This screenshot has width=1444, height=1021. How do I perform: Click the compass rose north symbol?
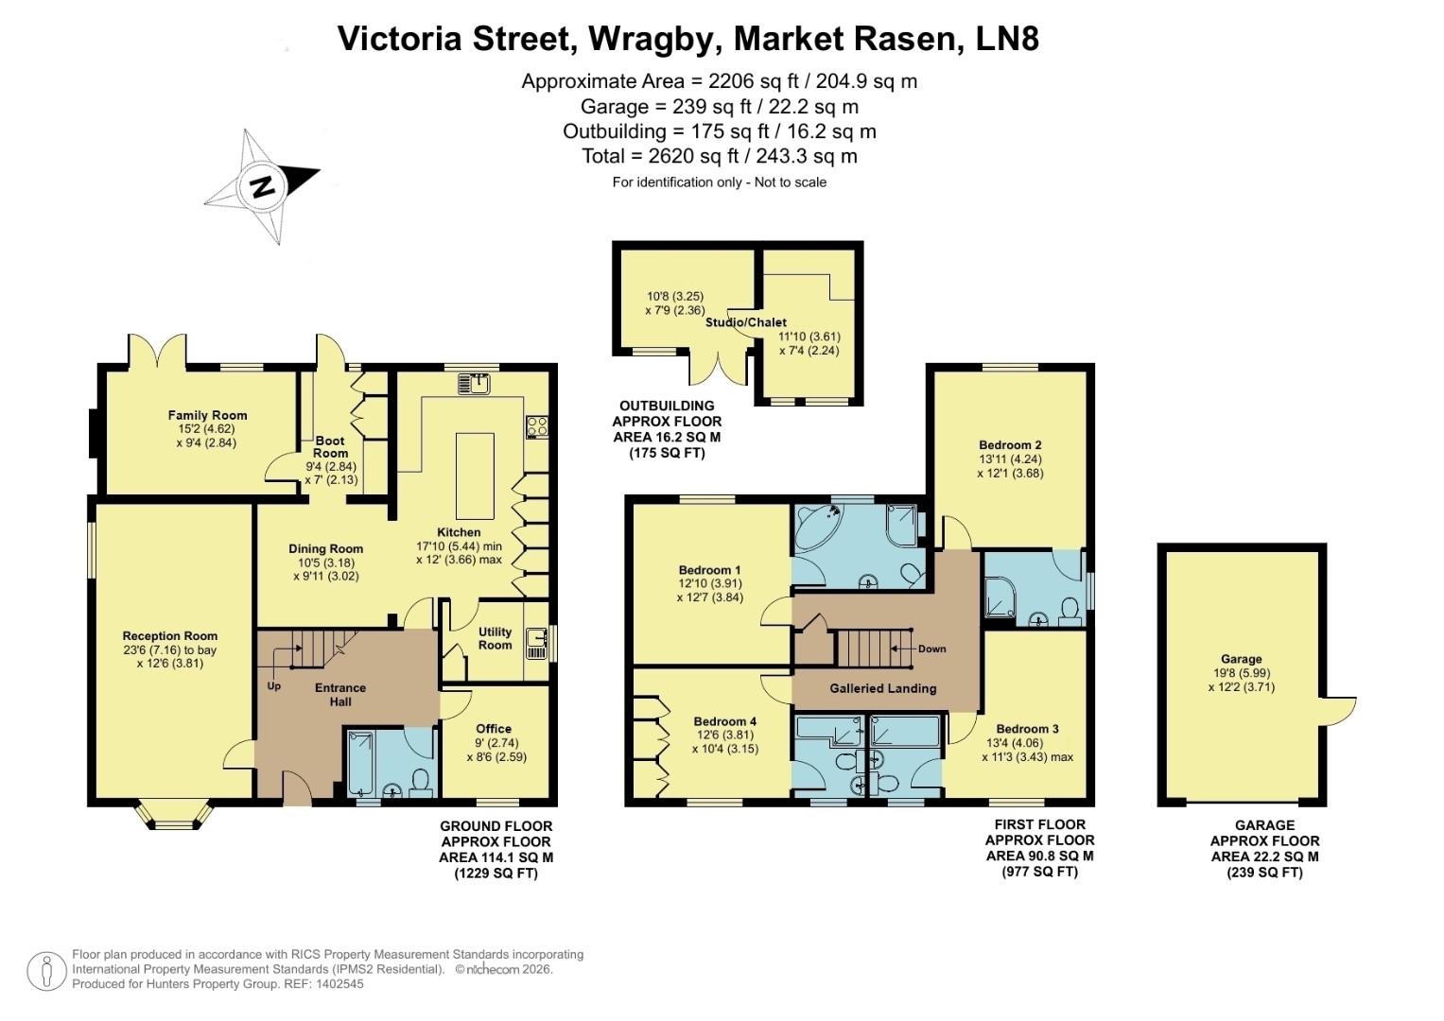click(262, 185)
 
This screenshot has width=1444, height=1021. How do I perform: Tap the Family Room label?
click(207, 415)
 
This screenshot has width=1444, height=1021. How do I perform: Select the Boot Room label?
click(330, 446)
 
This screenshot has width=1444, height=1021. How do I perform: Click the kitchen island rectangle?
click(476, 476)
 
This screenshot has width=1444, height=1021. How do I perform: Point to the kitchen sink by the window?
click(474, 383)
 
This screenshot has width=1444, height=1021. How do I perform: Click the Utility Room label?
click(495, 638)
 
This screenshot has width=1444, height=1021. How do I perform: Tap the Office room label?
click(494, 728)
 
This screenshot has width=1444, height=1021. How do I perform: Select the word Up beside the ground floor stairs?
click(273, 685)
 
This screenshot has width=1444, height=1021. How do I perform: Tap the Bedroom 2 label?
click(1010, 445)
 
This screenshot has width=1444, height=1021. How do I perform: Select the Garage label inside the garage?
click(1241, 659)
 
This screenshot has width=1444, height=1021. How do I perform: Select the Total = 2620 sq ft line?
click(719, 156)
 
